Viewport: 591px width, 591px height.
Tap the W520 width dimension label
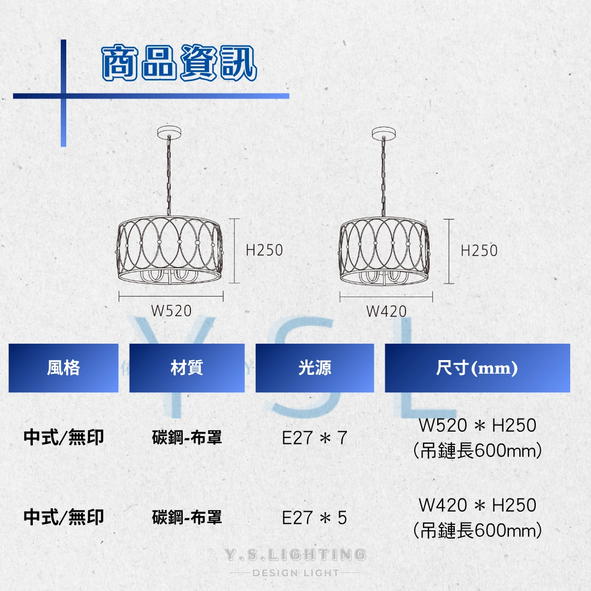(x=171, y=311)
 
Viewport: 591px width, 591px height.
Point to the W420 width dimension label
(x=386, y=311)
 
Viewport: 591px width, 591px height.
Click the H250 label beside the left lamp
(x=264, y=250)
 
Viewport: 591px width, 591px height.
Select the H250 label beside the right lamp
(x=479, y=251)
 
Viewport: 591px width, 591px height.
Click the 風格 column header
(x=63, y=368)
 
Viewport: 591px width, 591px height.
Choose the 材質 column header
(x=187, y=368)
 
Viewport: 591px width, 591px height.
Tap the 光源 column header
(x=315, y=368)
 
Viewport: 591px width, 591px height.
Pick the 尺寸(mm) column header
(x=477, y=368)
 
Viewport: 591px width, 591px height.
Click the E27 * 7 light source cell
(x=315, y=438)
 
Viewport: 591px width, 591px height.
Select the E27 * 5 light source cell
(x=315, y=518)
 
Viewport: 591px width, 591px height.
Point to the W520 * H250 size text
(x=477, y=425)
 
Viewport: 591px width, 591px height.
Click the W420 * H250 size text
(x=477, y=505)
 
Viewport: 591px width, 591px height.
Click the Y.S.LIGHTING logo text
(x=296, y=555)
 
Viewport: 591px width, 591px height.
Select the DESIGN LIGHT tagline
(x=296, y=573)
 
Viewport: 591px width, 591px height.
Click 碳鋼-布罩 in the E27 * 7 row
(x=187, y=438)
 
